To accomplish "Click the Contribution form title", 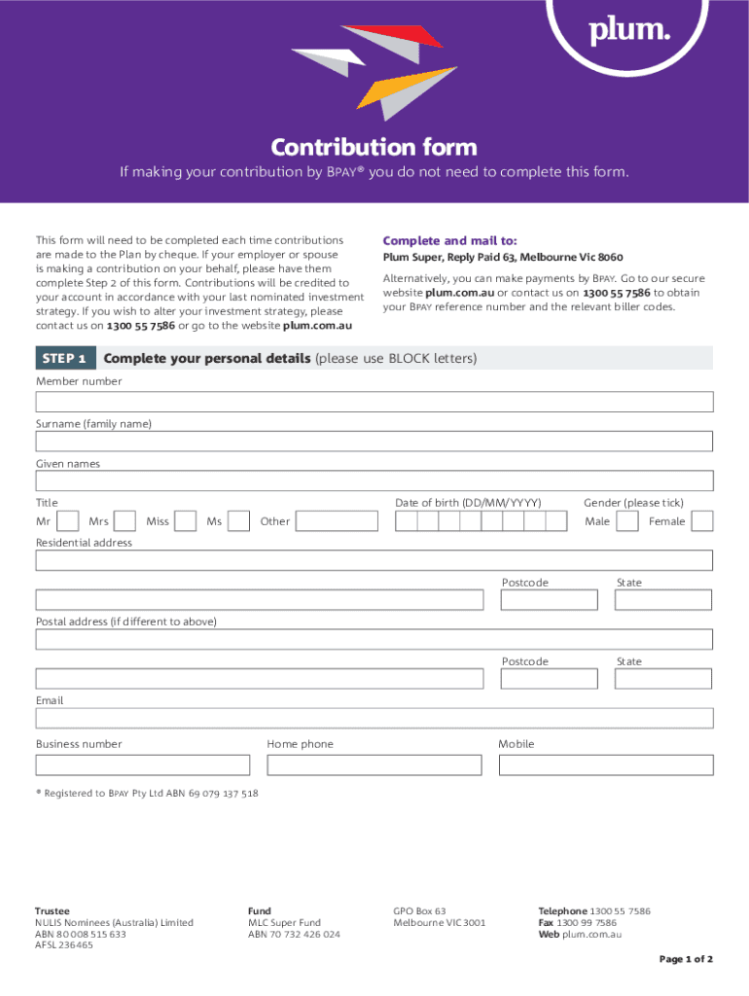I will pos(374,147).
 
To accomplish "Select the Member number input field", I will pos(374,402).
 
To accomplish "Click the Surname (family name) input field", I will pos(374,442).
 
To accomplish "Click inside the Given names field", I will pos(374,480).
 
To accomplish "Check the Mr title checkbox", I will pos(68,521).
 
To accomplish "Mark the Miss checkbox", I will pos(186,521).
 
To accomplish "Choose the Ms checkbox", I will pos(239,521).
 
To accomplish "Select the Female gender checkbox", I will pos(702,521).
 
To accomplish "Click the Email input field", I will pos(374,718).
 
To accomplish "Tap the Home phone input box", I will pos(374,765).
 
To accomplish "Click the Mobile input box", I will pos(605,765).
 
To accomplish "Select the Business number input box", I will pos(143,765).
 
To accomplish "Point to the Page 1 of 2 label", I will pos(686,959).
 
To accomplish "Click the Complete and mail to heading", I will pos(449,240).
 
